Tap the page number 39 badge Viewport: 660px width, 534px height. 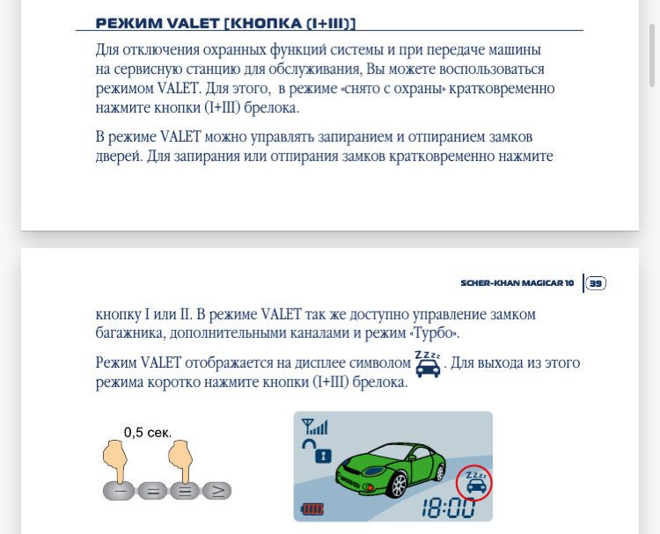click(x=596, y=283)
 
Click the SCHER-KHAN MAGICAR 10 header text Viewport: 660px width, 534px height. click(x=517, y=283)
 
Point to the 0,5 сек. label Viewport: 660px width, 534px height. click(x=146, y=432)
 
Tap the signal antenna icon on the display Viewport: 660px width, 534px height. click(x=314, y=428)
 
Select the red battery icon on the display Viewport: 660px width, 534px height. click(x=313, y=508)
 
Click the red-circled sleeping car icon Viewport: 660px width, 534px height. click(x=475, y=482)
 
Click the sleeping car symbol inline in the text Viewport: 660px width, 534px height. click(x=428, y=363)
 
